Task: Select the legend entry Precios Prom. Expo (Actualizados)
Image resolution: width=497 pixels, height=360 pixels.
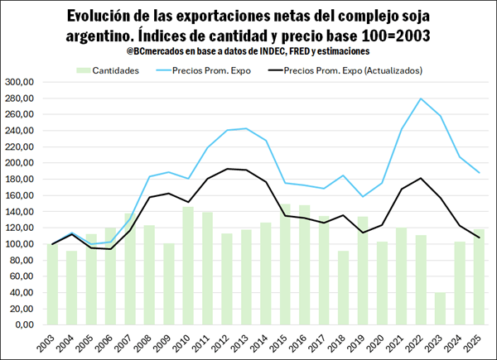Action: tap(352, 70)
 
